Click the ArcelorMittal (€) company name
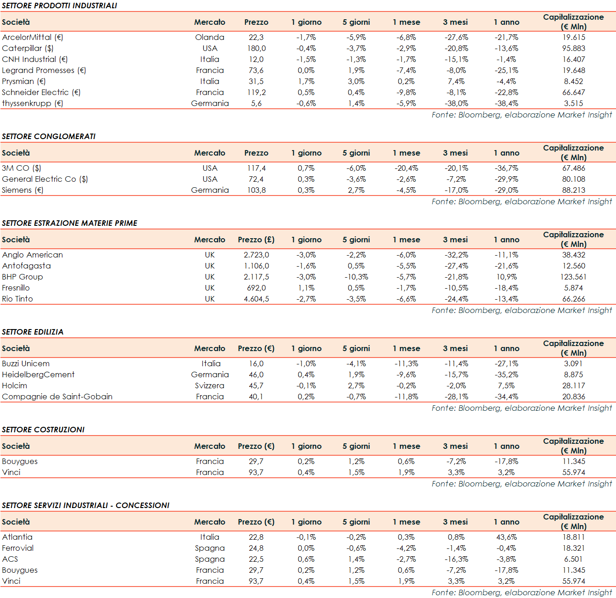[x=33, y=37]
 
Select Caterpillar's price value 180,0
[x=256, y=48]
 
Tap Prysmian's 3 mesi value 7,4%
[x=456, y=81]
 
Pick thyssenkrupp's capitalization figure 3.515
[x=573, y=103]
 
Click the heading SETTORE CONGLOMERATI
[x=49, y=136]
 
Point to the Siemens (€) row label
[x=22, y=190]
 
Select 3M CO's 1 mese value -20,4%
[x=406, y=168]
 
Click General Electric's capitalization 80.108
[x=573, y=179]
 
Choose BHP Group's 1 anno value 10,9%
[x=506, y=277]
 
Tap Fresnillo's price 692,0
[x=256, y=288]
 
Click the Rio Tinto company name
[x=17, y=299]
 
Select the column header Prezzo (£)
[x=256, y=240]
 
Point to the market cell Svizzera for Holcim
[x=210, y=386]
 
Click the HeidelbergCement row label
[x=38, y=374]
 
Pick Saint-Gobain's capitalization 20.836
[x=573, y=397]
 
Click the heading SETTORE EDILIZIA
[x=33, y=332]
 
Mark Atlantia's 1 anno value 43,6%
[x=506, y=537]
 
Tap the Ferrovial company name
[x=18, y=548]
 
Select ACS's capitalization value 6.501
[x=573, y=559]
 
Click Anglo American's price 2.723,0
[x=256, y=255]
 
